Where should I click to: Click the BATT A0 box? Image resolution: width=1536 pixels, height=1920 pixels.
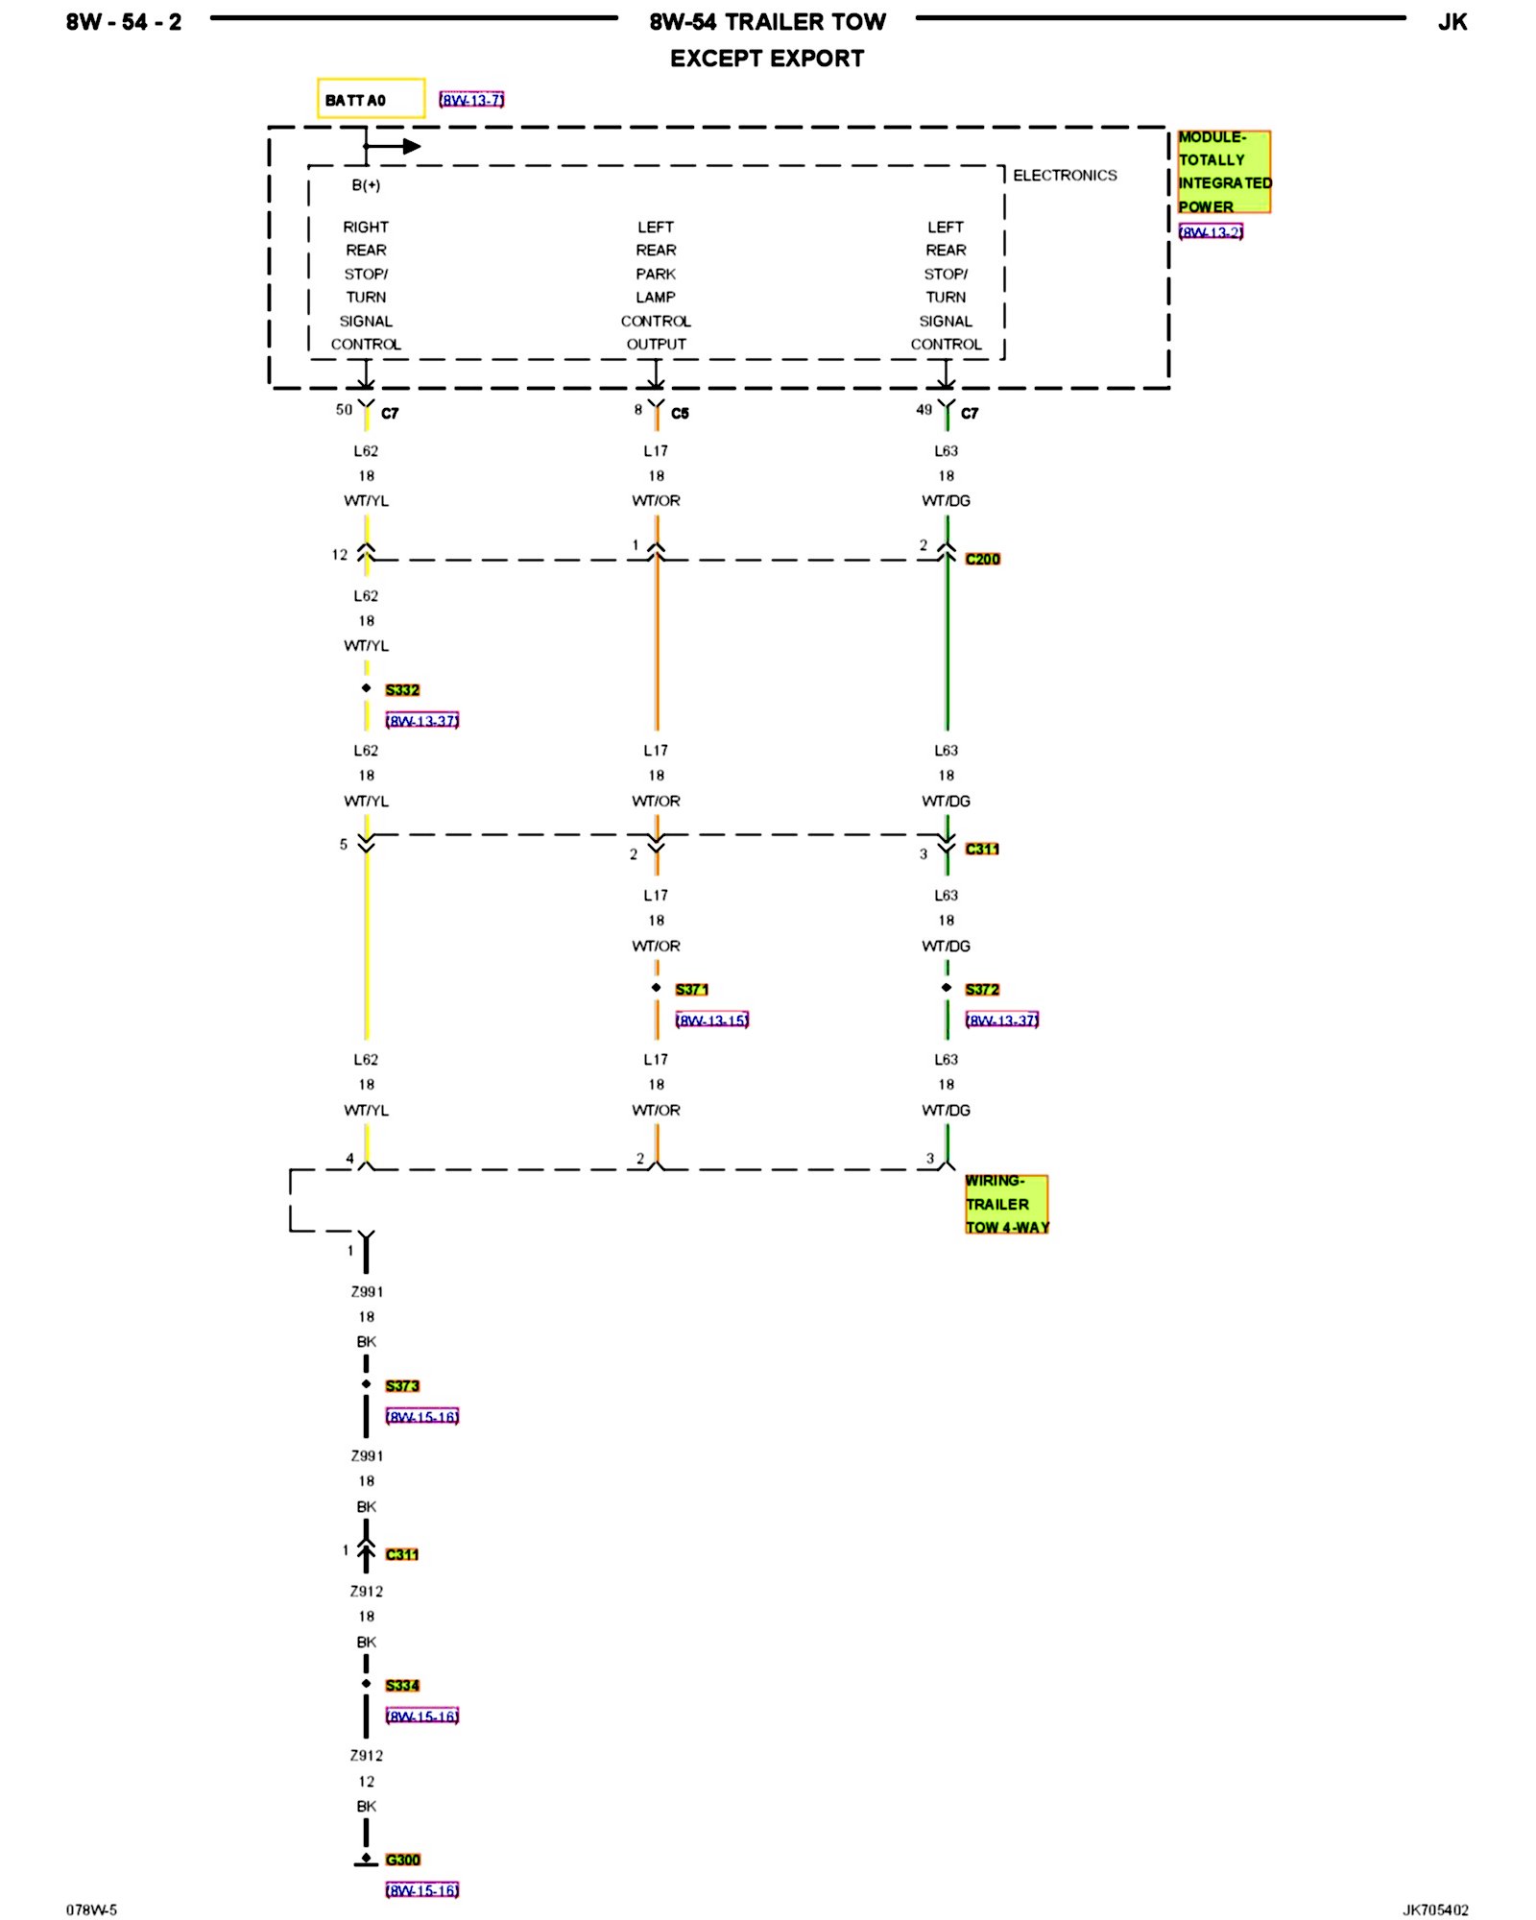click(x=371, y=99)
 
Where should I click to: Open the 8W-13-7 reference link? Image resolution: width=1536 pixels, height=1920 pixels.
click(x=471, y=100)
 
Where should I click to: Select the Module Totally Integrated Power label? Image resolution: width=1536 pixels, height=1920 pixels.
click(x=1224, y=172)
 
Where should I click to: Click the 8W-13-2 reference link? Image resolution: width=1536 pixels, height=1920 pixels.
click(x=1211, y=232)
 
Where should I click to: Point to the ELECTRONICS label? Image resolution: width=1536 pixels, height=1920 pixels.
click(x=1065, y=176)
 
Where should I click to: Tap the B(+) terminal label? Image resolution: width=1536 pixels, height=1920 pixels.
click(x=366, y=185)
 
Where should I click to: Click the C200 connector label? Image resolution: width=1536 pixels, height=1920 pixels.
click(x=982, y=559)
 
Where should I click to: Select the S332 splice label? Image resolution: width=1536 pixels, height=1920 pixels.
click(x=402, y=690)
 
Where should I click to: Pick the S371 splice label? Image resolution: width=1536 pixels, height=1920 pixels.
click(x=691, y=990)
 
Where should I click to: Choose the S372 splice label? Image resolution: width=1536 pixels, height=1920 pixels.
click(x=982, y=990)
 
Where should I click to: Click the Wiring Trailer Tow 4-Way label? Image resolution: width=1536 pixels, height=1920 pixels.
click(x=1006, y=1204)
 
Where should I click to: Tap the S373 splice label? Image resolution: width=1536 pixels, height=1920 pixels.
click(x=402, y=1386)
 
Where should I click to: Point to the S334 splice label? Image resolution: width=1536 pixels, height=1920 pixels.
click(x=402, y=1686)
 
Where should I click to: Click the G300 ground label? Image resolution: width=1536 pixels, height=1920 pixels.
click(x=402, y=1860)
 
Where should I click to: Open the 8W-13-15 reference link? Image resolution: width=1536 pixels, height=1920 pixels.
click(x=712, y=1020)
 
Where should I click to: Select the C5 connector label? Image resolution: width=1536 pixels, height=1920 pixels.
click(x=680, y=414)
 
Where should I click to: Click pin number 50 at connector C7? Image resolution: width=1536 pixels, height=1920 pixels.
click(x=344, y=410)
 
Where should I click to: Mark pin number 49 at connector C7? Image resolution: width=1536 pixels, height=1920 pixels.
click(x=924, y=410)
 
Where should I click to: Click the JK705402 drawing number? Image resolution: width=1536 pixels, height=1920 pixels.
click(x=1435, y=1910)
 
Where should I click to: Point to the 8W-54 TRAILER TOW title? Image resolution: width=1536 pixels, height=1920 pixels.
click(x=767, y=22)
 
